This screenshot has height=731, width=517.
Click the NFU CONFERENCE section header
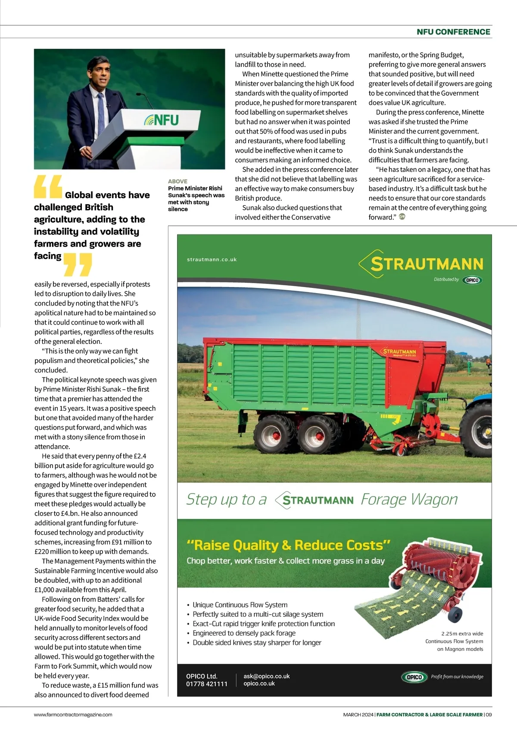coord(453,32)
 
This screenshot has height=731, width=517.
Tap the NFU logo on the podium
coord(161,120)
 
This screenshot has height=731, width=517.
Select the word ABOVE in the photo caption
coord(178,181)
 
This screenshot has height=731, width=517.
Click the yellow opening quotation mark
coord(47,186)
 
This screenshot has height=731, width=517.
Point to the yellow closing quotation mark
coord(78,264)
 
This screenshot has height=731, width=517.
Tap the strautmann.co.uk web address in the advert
coord(212,259)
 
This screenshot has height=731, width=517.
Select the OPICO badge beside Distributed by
coord(472,280)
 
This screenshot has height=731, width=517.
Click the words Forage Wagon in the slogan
coord(409,500)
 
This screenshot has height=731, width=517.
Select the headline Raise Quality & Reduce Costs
coord(288,545)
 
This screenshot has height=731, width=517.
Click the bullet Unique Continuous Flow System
coord(240,605)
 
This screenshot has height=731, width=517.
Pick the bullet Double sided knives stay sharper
coord(257,643)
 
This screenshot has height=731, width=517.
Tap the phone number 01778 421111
coord(207,684)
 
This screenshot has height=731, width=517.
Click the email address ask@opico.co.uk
coord(267,676)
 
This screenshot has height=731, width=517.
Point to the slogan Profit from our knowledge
coord(457,677)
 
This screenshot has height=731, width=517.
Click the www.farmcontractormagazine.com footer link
coord(73,714)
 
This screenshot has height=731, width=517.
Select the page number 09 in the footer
coord(489,714)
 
